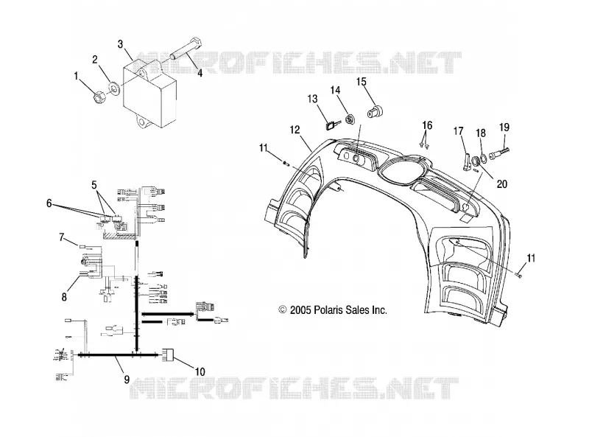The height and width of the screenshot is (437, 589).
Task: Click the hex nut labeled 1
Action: [99, 97]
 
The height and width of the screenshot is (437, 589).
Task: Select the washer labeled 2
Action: [113, 88]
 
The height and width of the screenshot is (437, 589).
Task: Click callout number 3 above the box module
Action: [120, 44]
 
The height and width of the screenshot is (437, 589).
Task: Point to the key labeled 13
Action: [332, 124]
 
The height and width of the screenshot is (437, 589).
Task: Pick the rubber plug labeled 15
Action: [374, 111]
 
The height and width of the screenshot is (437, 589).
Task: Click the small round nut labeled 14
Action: [351, 119]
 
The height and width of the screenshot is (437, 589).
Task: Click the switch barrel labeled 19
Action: [499, 152]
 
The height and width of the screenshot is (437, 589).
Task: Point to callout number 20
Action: [502, 184]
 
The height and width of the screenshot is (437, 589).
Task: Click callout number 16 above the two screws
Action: [427, 125]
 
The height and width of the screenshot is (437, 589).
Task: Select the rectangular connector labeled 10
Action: [168, 354]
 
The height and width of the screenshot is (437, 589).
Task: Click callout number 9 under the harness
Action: [127, 380]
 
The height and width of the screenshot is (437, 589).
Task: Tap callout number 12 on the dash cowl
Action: [295, 130]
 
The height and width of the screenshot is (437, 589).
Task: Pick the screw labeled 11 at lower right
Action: [518, 276]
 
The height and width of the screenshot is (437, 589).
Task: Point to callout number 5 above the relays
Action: [94, 185]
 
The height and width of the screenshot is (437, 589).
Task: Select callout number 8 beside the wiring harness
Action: [64, 297]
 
